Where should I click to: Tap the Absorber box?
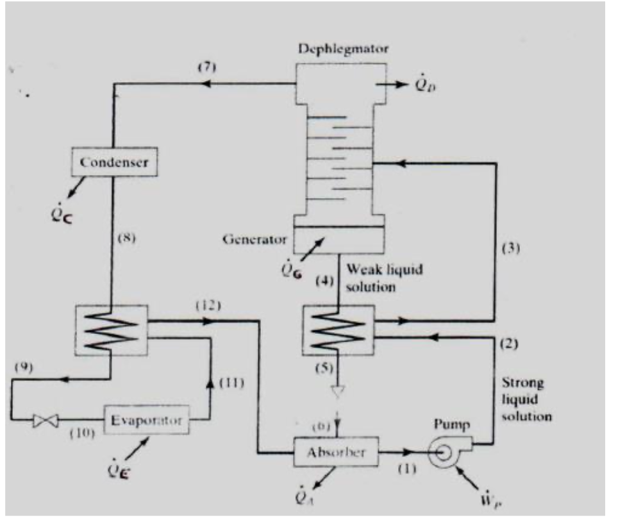pos(335,453)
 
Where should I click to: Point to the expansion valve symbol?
pos(46,421)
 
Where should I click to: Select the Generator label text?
pos(254,240)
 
